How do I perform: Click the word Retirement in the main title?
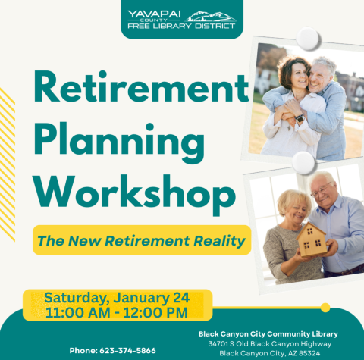[x=130, y=91]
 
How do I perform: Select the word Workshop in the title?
[x=121, y=189]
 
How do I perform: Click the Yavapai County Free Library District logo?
[x=182, y=19]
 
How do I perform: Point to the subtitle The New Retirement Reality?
[x=142, y=242]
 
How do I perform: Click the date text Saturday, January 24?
[x=116, y=297]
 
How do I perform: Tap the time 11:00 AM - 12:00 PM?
[x=116, y=311]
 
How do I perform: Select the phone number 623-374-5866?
[x=112, y=350]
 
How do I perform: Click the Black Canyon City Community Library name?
[x=268, y=333]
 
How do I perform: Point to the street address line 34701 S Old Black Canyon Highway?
[x=268, y=343]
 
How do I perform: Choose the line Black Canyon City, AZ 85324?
[x=268, y=353]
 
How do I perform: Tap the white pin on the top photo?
[x=309, y=38]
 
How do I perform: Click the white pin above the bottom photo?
[x=303, y=161]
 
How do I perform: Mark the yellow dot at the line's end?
[x=325, y=308]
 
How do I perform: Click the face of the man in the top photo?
[x=321, y=74]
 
